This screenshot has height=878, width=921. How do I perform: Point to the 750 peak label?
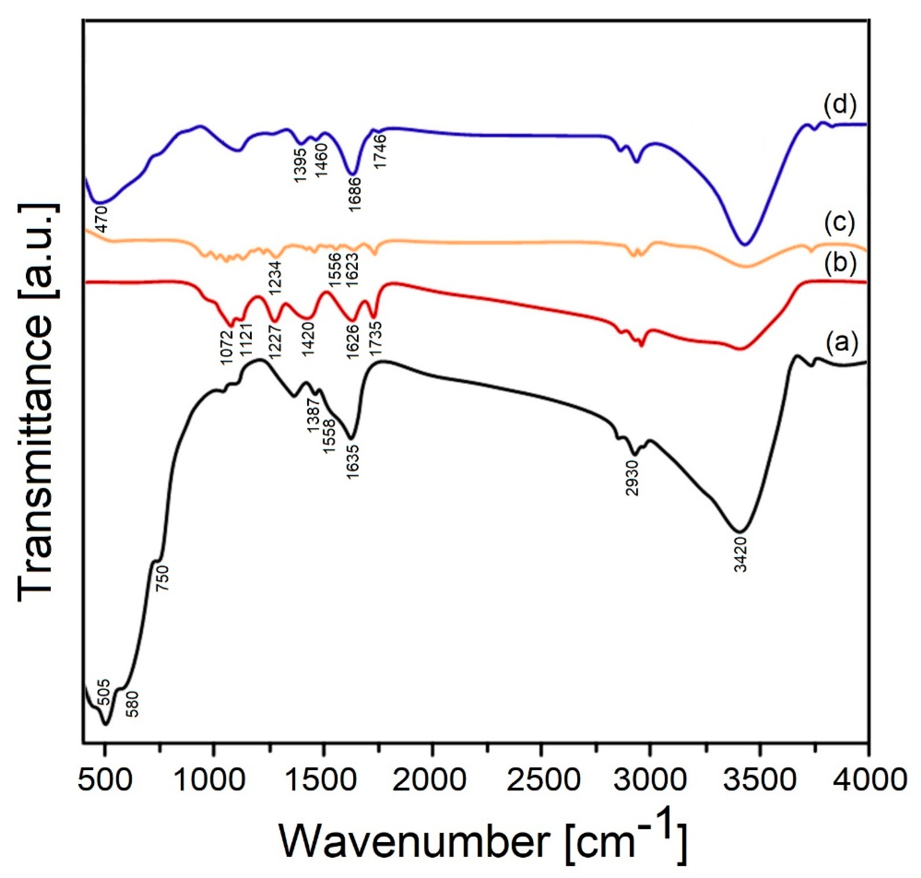tap(162, 578)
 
